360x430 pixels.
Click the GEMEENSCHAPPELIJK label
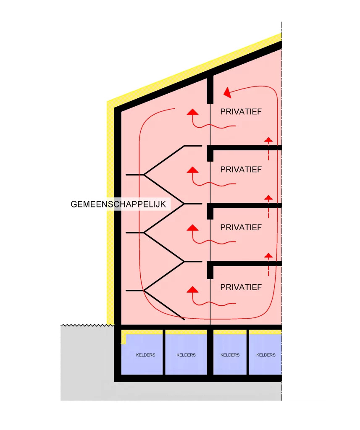coord(120,205)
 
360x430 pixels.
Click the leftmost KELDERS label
coord(146,355)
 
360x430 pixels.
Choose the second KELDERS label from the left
coord(186,355)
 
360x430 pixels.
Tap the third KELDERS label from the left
coord(230,355)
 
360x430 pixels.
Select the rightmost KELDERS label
coord(266,355)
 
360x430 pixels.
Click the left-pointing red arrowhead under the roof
coord(227,92)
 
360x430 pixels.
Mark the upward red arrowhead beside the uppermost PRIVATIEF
coord(192,112)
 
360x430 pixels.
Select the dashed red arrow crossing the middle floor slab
coord(268,206)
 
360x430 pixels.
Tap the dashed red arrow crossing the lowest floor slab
coord(268,264)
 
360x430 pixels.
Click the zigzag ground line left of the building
coord(84,325)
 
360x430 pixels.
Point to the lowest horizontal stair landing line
coord(134,290)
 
